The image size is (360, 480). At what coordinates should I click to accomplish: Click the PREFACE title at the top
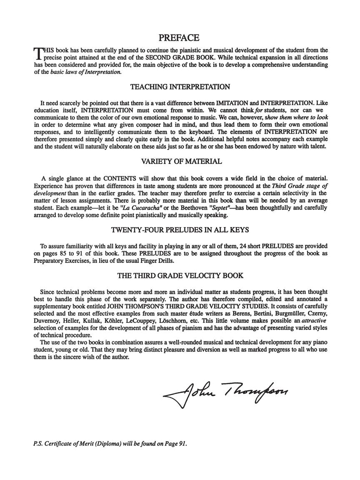click(x=180, y=38)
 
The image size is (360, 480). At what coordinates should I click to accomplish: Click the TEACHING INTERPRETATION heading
click(x=180, y=87)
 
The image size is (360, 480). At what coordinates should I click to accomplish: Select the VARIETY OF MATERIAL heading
click(x=180, y=161)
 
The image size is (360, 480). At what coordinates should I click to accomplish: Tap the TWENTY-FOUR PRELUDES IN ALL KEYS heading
click(x=180, y=230)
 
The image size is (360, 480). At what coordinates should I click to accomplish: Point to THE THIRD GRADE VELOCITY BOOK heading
click(x=180, y=275)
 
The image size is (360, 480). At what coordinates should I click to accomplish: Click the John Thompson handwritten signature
click(x=225, y=392)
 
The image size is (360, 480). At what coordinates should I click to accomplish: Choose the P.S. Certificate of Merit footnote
click(x=110, y=443)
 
